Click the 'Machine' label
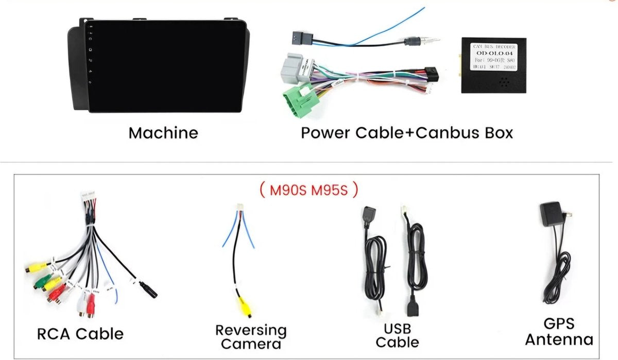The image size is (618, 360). point(163,133)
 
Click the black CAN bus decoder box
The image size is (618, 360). point(493,65)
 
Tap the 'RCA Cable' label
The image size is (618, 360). point(80,334)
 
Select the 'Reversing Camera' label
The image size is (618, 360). point(251,337)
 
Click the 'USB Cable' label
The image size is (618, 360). point(397,335)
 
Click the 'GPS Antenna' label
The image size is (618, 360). point(559,332)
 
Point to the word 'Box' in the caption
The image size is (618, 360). point(497,133)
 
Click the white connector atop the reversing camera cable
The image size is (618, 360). point(239,207)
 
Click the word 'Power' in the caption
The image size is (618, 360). point(325,133)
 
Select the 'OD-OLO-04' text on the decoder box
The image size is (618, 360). point(493,53)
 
